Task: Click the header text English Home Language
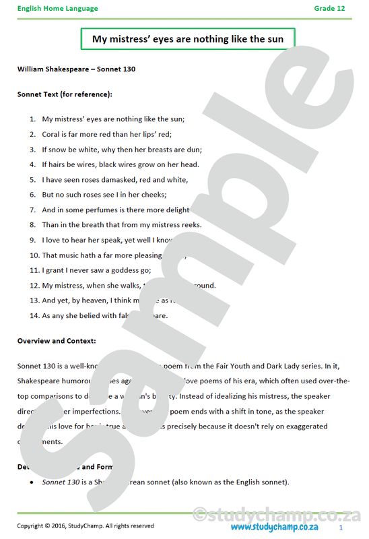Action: coord(57,8)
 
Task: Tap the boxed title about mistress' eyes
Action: coord(188,39)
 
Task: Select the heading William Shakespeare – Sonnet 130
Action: coord(77,69)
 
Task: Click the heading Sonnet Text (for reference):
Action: coord(65,94)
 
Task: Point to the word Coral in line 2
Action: coord(51,133)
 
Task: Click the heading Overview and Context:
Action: coord(57,341)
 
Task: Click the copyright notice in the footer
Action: coord(86,526)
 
